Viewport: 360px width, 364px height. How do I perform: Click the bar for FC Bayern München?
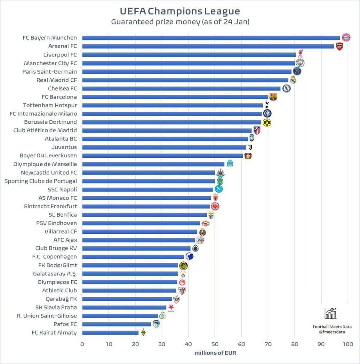[211, 38]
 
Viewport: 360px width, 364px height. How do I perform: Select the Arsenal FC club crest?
[339, 46]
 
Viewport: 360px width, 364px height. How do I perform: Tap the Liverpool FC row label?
[60, 54]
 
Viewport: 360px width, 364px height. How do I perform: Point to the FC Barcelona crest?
[273, 97]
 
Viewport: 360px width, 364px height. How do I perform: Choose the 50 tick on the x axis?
[215, 344]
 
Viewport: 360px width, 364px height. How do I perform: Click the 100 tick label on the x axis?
[348, 344]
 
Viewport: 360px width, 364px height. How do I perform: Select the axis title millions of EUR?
[215, 353]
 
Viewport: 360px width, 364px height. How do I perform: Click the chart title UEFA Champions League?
[180, 10]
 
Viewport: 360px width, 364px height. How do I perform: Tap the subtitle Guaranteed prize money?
[180, 22]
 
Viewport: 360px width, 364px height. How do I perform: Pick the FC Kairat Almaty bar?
[110, 332]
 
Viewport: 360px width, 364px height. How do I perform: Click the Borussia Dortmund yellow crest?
[267, 122]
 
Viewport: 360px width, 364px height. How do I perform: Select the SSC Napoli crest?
[218, 189]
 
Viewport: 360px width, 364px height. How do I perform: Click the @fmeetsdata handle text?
[332, 332]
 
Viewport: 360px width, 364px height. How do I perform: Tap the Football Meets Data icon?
[331, 313]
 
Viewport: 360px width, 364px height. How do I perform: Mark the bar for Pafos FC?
[116, 324]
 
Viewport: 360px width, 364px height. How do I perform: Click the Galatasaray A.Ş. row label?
[55, 274]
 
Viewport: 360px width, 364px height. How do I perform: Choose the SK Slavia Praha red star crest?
[171, 307]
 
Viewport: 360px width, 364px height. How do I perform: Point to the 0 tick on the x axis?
[82, 344]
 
